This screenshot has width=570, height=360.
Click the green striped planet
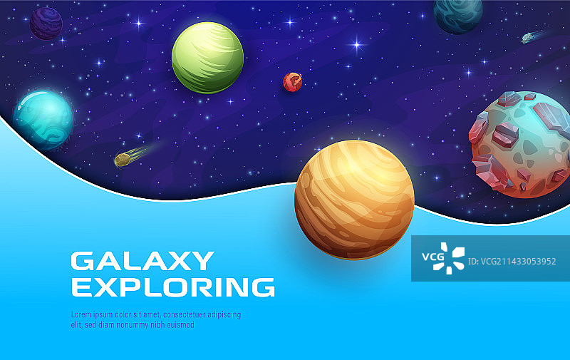tap(207, 57)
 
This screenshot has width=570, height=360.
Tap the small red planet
tap(292, 82)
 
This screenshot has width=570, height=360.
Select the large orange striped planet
tap(354, 199)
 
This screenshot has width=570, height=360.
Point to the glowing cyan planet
tap(43, 119)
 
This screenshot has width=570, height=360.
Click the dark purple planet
tap(46, 23)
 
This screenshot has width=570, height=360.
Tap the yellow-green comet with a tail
tap(123, 160)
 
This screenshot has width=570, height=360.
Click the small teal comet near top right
tap(529, 37)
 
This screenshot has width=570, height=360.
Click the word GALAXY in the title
tap(142, 261)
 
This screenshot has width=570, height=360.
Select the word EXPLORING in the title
tap(173, 287)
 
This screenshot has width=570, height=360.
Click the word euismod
tap(177, 324)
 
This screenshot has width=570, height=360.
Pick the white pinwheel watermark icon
tap(454, 257)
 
